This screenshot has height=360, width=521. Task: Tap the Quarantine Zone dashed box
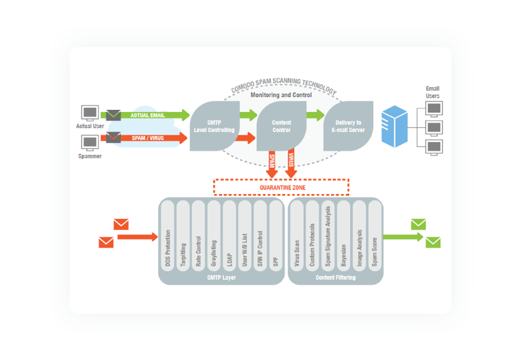click(x=281, y=187)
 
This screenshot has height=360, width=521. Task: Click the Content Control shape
click(x=281, y=126)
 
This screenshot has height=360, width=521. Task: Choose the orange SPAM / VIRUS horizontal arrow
click(x=152, y=138)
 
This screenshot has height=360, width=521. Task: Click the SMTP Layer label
click(x=221, y=278)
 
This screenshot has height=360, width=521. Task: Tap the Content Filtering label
click(x=335, y=278)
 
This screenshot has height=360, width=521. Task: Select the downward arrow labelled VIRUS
click(x=291, y=163)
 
